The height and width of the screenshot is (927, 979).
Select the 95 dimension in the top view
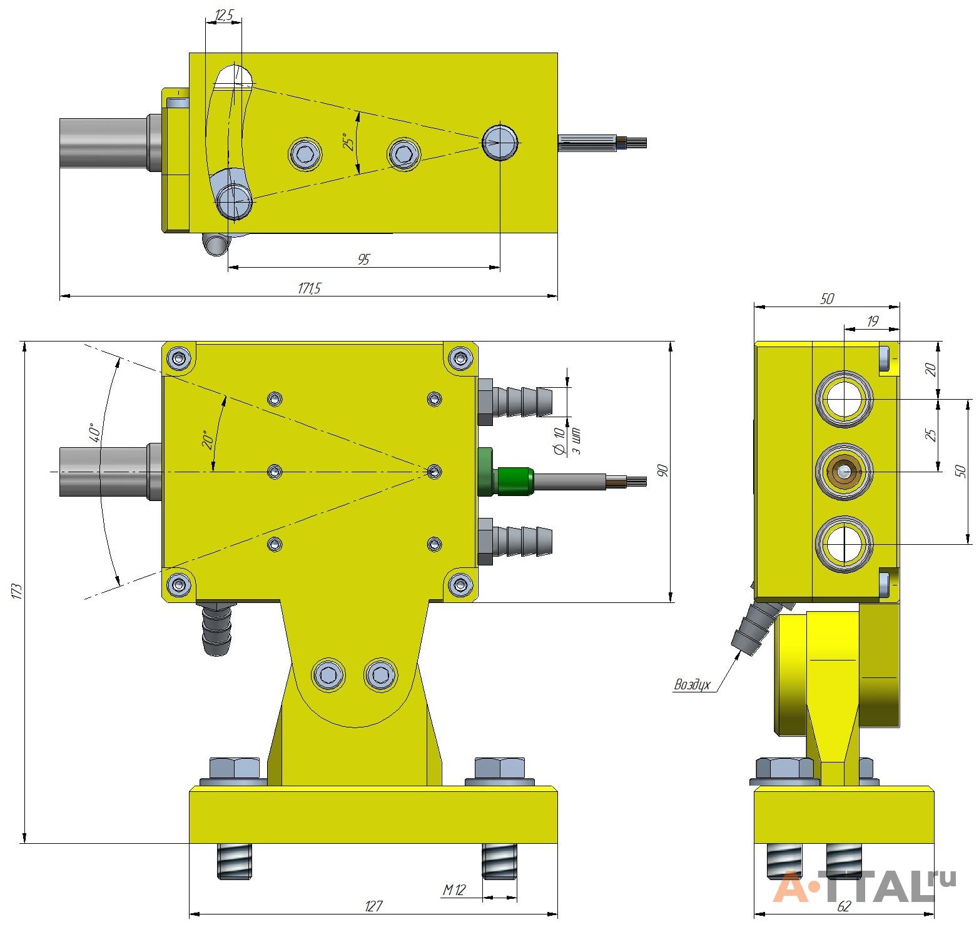click(x=363, y=260)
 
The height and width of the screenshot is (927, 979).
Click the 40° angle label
click(x=93, y=432)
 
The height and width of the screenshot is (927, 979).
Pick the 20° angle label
click(x=208, y=440)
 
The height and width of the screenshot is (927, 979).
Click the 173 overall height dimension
click(x=17, y=591)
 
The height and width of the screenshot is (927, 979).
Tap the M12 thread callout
click(x=455, y=890)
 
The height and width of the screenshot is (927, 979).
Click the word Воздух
click(x=692, y=684)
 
